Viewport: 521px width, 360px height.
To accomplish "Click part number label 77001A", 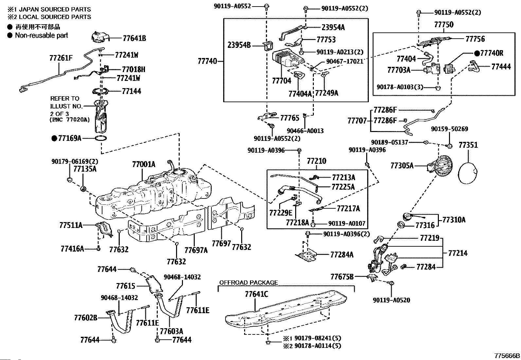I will (x=144, y=164).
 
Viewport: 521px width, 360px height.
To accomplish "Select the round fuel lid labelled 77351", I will (x=468, y=174).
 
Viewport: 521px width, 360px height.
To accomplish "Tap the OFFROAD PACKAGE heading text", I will (x=248, y=282).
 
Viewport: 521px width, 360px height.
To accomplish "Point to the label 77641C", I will (x=256, y=294).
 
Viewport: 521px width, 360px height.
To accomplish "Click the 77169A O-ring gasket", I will (x=101, y=138).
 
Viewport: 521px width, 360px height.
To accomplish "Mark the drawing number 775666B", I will (x=507, y=356).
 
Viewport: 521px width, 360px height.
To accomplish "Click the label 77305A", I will (x=402, y=166).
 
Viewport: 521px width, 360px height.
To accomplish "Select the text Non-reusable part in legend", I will (x=42, y=35).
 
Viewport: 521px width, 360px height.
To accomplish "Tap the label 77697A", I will (x=196, y=251).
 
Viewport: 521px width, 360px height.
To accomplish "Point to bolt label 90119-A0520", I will (x=391, y=300).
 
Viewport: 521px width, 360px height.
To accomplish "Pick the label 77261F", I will (x=61, y=58).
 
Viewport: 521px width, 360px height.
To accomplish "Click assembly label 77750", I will (x=444, y=25).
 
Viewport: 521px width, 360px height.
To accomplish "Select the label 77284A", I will (x=342, y=255).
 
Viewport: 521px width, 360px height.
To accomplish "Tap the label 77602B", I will (x=86, y=318).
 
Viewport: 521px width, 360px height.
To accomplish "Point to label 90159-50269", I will (x=449, y=129).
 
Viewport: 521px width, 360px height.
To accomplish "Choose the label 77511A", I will (x=71, y=225).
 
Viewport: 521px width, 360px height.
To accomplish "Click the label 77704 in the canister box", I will (x=281, y=81).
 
